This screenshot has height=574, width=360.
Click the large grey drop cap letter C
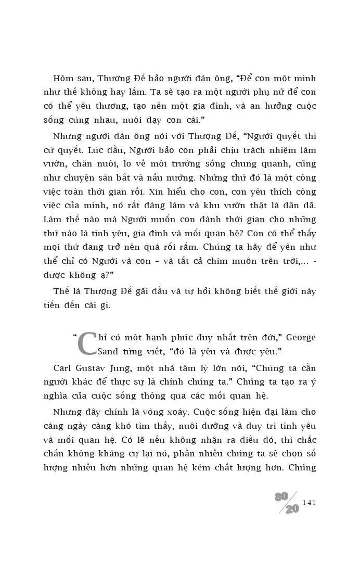tap(87, 343)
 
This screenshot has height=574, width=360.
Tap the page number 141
tap(308, 502)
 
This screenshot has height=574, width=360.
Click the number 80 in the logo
tap(281, 497)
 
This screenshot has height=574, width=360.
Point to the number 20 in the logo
tap(292, 508)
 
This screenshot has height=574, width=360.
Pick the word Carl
tap(62, 368)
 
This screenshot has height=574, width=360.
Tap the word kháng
tap(103, 453)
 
